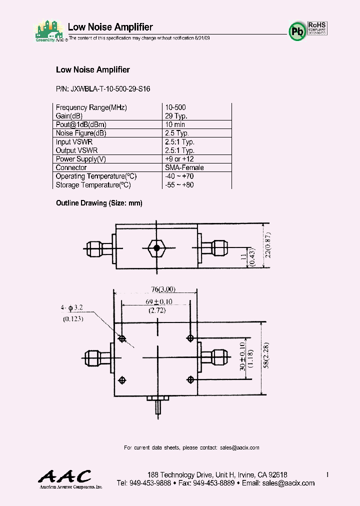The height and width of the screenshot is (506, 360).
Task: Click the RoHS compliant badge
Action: [317, 28]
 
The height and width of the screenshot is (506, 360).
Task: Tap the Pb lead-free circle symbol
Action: [296, 31]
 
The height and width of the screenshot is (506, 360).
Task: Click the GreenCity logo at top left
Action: [49, 31]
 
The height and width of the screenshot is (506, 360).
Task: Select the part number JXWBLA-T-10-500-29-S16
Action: [103, 89]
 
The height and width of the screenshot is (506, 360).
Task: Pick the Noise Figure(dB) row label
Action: [81, 133]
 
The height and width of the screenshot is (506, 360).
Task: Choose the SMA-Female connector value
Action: [184, 168]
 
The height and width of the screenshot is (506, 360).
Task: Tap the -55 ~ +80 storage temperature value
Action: [179, 185]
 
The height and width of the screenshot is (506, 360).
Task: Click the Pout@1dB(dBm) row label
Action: [81, 124]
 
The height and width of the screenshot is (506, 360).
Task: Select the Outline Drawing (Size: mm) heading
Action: [99, 203]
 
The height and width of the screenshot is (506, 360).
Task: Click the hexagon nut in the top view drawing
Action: [157, 247]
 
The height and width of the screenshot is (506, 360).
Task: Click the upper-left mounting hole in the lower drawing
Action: [122, 338]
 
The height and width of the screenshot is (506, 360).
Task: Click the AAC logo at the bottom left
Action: [65, 477]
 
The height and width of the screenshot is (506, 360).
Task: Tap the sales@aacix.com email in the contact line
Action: [239, 447]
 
